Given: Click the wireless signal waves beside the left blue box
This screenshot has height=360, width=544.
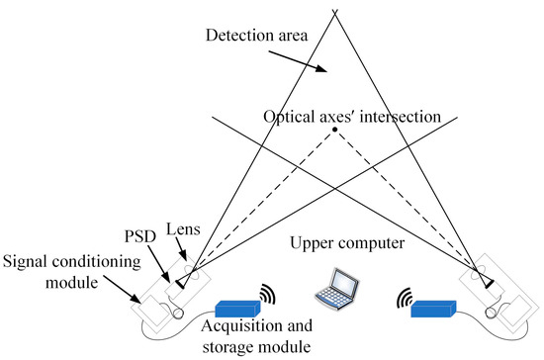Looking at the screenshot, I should point(268,293).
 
